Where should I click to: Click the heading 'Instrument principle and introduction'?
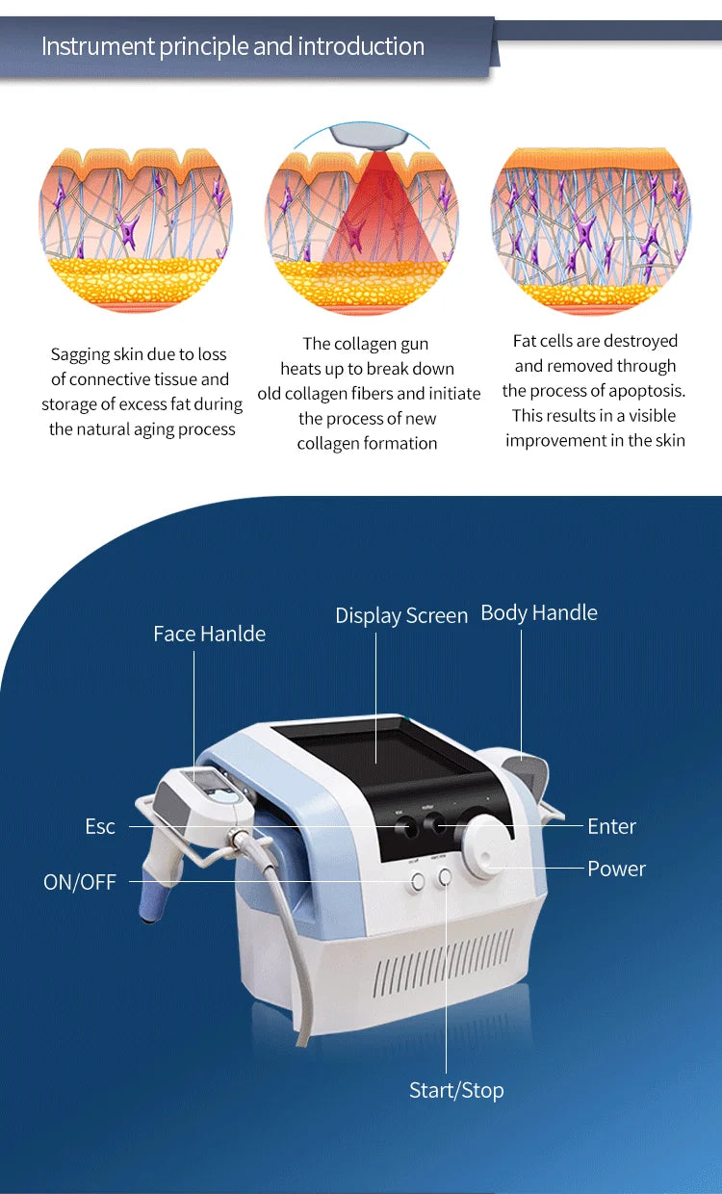[232, 46]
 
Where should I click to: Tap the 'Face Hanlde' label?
[209, 634]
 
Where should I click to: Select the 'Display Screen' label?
[401, 615]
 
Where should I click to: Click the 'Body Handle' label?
[538, 612]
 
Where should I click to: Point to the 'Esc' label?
[100, 826]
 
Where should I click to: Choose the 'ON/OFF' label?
[80, 882]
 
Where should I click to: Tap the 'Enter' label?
[611, 826]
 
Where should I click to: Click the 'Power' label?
[616, 869]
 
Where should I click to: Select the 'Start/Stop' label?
[456, 1090]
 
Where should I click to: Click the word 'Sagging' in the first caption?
[81, 354]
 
